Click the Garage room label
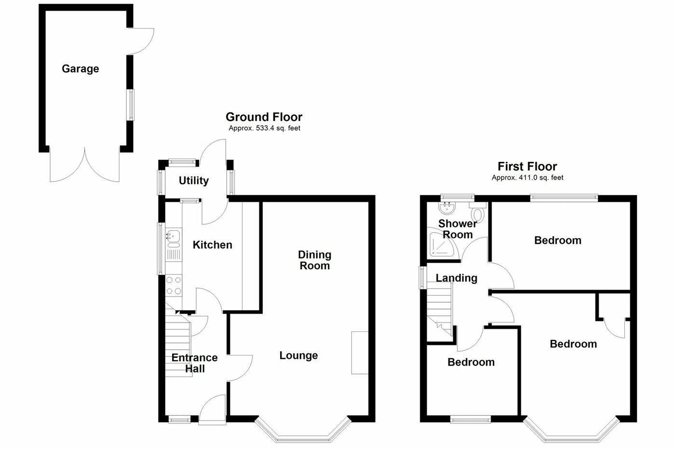[x=80, y=69]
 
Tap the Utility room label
[x=194, y=181]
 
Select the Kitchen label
[x=212, y=245]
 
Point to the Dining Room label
[x=314, y=260]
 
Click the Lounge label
[x=298, y=356]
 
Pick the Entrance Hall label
[x=194, y=363]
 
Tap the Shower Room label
[x=458, y=229]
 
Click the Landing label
[x=456, y=278]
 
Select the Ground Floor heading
[x=264, y=117]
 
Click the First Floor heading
[x=527, y=167]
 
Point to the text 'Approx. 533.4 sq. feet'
[x=264, y=128]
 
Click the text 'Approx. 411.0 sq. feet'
[x=527, y=178]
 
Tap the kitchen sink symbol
[x=173, y=236]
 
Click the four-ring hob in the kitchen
[x=174, y=285]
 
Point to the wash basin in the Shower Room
[x=446, y=208]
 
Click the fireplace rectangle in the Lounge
[x=359, y=353]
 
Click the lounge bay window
[x=302, y=432]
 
